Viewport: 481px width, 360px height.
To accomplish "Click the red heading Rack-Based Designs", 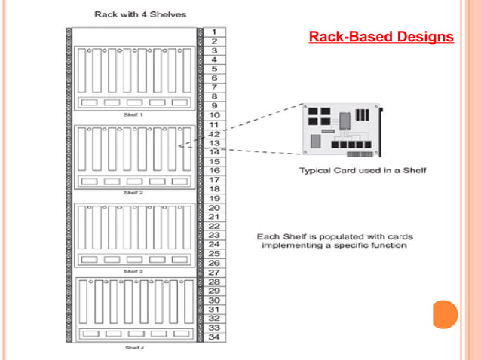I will [x=381, y=36].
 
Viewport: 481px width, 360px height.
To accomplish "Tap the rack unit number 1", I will [x=214, y=32].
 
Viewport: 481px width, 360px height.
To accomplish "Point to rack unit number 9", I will [x=214, y=105].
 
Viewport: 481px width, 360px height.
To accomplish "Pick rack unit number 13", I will [x=214, y=142].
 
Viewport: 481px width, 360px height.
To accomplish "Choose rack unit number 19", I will [x=214, y=197].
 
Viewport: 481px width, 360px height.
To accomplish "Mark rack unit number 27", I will [x=214, y=272].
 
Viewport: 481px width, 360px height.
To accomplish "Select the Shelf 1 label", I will [x=133, y=114].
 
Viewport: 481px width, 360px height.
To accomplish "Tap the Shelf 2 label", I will [x=133, y=193].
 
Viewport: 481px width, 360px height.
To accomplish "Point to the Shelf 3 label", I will [x=133, y=270].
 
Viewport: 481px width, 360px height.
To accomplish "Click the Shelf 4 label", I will [x=133, y=347].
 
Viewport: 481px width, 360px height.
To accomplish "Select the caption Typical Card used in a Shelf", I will [x=363, y=170].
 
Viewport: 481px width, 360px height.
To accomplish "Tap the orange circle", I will [x=446, y=313].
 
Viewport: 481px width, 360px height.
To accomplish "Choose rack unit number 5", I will [x=214, y=69].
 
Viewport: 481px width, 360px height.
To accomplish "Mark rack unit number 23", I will [x=214, y=234].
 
